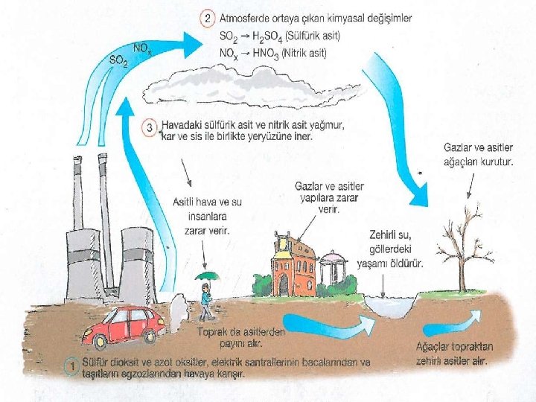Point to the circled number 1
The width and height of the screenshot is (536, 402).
pos(71,366)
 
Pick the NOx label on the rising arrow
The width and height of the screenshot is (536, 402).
pos(141,48)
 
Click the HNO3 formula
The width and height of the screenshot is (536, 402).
pos(269,52)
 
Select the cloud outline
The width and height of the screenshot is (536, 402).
pos(283,87)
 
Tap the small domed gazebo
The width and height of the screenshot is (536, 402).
pos(333,272)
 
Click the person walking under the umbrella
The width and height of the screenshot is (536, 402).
pos(205,298)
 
